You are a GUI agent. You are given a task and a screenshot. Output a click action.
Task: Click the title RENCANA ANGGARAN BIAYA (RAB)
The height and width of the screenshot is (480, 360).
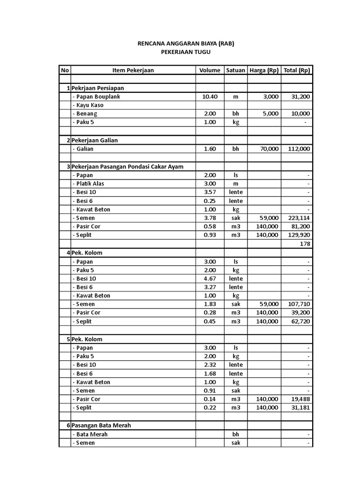[x=186, y=44]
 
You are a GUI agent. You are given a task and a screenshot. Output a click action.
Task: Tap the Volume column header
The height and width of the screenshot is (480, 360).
[x=210, y=70]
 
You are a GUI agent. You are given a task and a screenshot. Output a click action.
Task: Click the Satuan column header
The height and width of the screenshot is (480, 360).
[x=235, y=70]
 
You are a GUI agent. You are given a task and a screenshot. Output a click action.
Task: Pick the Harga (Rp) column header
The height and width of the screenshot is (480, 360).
[x=264, y=70]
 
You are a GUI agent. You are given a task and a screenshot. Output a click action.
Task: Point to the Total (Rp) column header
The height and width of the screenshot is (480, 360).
[x=297, y=70]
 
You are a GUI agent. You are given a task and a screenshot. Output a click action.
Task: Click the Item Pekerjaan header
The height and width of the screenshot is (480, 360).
[x=133, y=70]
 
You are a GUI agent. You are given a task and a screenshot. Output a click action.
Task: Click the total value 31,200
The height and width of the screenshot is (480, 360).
[x=300, y=97]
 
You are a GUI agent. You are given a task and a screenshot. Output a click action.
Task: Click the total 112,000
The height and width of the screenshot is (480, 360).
[x=299, y=149]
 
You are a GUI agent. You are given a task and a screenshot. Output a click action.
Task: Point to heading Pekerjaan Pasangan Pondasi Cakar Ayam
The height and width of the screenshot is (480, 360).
[x=127, y=166]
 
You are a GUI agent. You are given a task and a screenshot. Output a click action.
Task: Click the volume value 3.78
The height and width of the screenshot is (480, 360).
[x=210, y=218]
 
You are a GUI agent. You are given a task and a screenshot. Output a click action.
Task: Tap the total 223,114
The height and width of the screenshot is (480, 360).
[x=299, y=218]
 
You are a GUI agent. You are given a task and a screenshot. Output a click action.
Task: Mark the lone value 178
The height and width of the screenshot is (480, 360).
[x=305, y=244]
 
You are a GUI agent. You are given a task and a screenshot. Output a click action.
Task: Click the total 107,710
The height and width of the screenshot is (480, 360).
[x=299, y=304]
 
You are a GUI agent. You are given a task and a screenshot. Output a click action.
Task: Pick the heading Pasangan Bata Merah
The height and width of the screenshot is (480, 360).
[x=101, y=426]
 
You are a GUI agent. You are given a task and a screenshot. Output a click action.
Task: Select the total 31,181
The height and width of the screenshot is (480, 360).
[x=300, y=408]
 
